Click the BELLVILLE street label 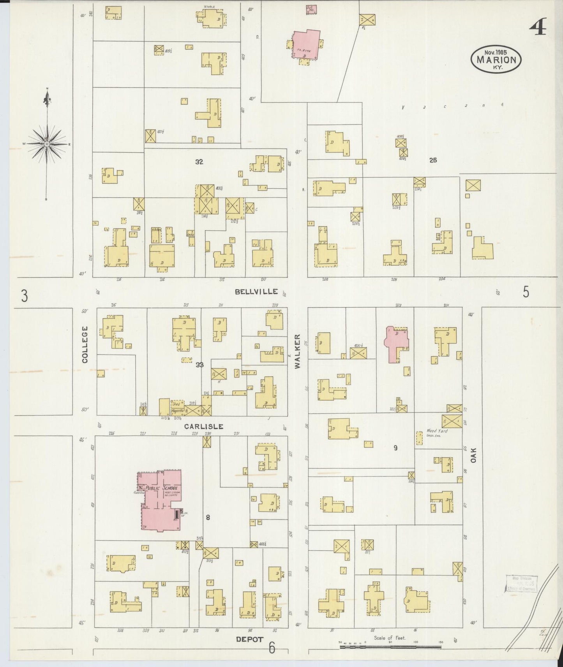click(x=256, y=292)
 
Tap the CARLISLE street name click(x=204, y=427)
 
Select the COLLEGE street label click(x=85, y=345)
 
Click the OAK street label click(x=473, y=454)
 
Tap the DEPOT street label click(x=250, y=639)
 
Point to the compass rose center click(x=47, y=144)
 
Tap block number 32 click(x=199, y=162)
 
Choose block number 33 click(x=199, y=365)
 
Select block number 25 click(x=432, y=160)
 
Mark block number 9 click(x=395, y=448)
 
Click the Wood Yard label click(x=437, y=431)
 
